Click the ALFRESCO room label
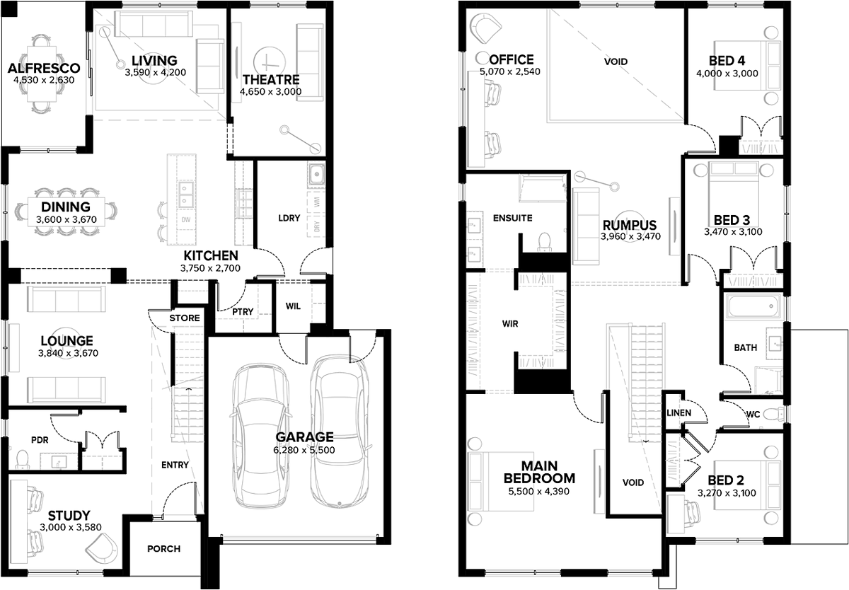(44, 68)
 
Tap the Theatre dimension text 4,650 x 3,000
(270, 92)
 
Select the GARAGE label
(304, 437)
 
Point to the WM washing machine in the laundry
(317, 202)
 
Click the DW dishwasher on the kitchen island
(185, 219)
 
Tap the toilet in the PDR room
(23, 459)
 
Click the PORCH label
(163, 549)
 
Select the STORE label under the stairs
(185, 318)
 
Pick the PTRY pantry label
(243, 312)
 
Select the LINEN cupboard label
(678, 412)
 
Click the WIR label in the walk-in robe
(510, 324)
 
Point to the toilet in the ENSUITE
(544, 241)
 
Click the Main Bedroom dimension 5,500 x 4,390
(538, 492)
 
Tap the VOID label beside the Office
(616, 62)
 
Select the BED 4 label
(727, 61)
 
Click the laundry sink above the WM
(316, 175)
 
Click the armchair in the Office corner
(485, 28)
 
